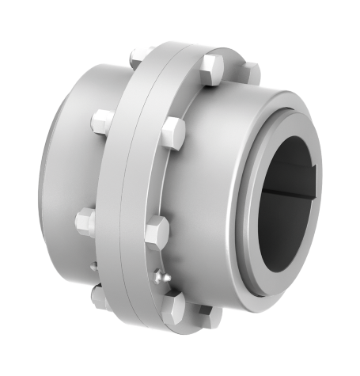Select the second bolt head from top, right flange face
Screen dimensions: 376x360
pos(172,128)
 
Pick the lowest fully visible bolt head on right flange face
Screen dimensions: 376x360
pos(176,306)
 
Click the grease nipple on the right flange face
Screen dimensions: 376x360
pos(162,276)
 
